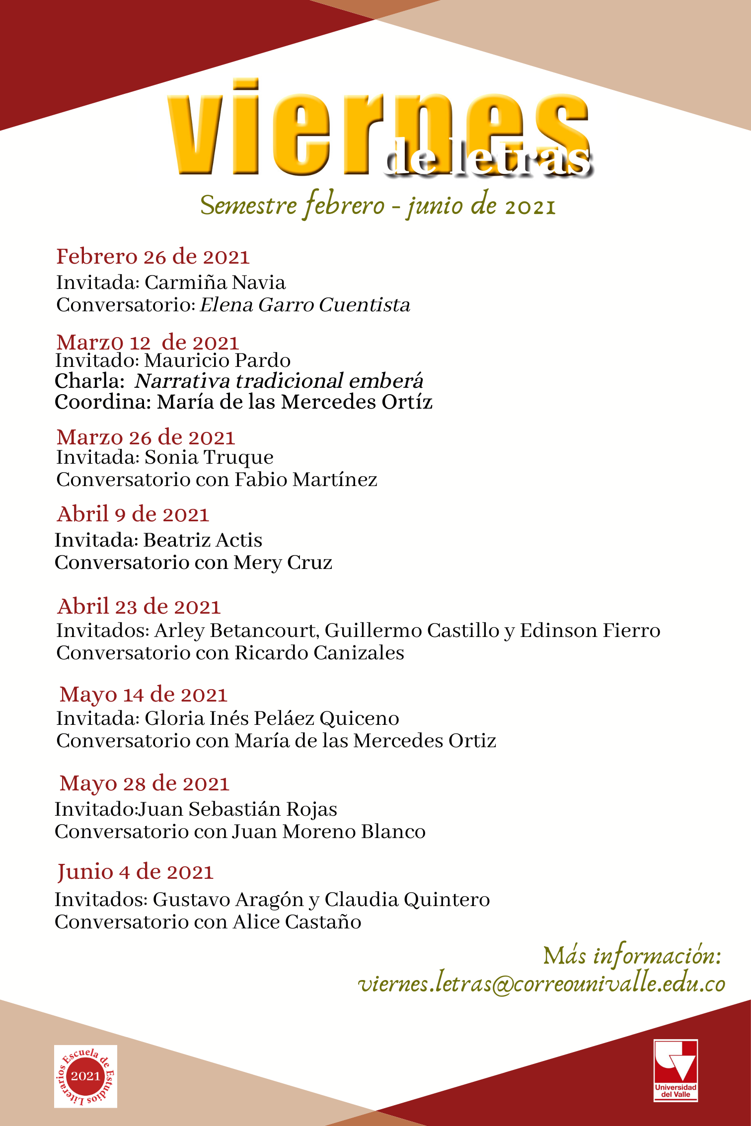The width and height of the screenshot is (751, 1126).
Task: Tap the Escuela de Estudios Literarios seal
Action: (x=85, y=1076)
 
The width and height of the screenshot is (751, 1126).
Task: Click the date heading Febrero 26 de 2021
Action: (x=152, y=257)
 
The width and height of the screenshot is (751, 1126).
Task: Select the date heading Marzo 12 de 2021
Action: (x=148, y=342)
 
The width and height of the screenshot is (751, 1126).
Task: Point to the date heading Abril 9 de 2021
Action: (x=133, y=514)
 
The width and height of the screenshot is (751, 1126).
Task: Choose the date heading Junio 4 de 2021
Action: (x=135, y=872)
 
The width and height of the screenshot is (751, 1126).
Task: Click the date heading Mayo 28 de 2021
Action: (x=144, y=783)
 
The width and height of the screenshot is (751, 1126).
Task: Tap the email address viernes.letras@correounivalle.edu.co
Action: (x=541, y=984)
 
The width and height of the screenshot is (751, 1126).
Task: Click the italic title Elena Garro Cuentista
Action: (x=305, y=305)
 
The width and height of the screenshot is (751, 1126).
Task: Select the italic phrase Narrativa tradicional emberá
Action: (x=279, y=381)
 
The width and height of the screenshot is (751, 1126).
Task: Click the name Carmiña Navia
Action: (x=215, y=282)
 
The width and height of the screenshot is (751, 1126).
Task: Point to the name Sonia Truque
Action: (x=209, y=457)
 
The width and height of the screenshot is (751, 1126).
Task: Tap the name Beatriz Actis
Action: (x=203, y=540)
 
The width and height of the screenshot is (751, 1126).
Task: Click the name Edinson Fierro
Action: (x=590, y=631)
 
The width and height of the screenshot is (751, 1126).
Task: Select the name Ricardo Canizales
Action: (x=319, y=653)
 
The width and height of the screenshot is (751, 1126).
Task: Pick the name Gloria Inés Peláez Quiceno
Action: (x=272, y=718)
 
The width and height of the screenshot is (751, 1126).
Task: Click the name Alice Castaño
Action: (x=297, y=922)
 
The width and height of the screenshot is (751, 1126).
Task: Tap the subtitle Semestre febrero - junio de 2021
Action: (x=377, y=205)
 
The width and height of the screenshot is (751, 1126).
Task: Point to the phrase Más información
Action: (x=632, y=955)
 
